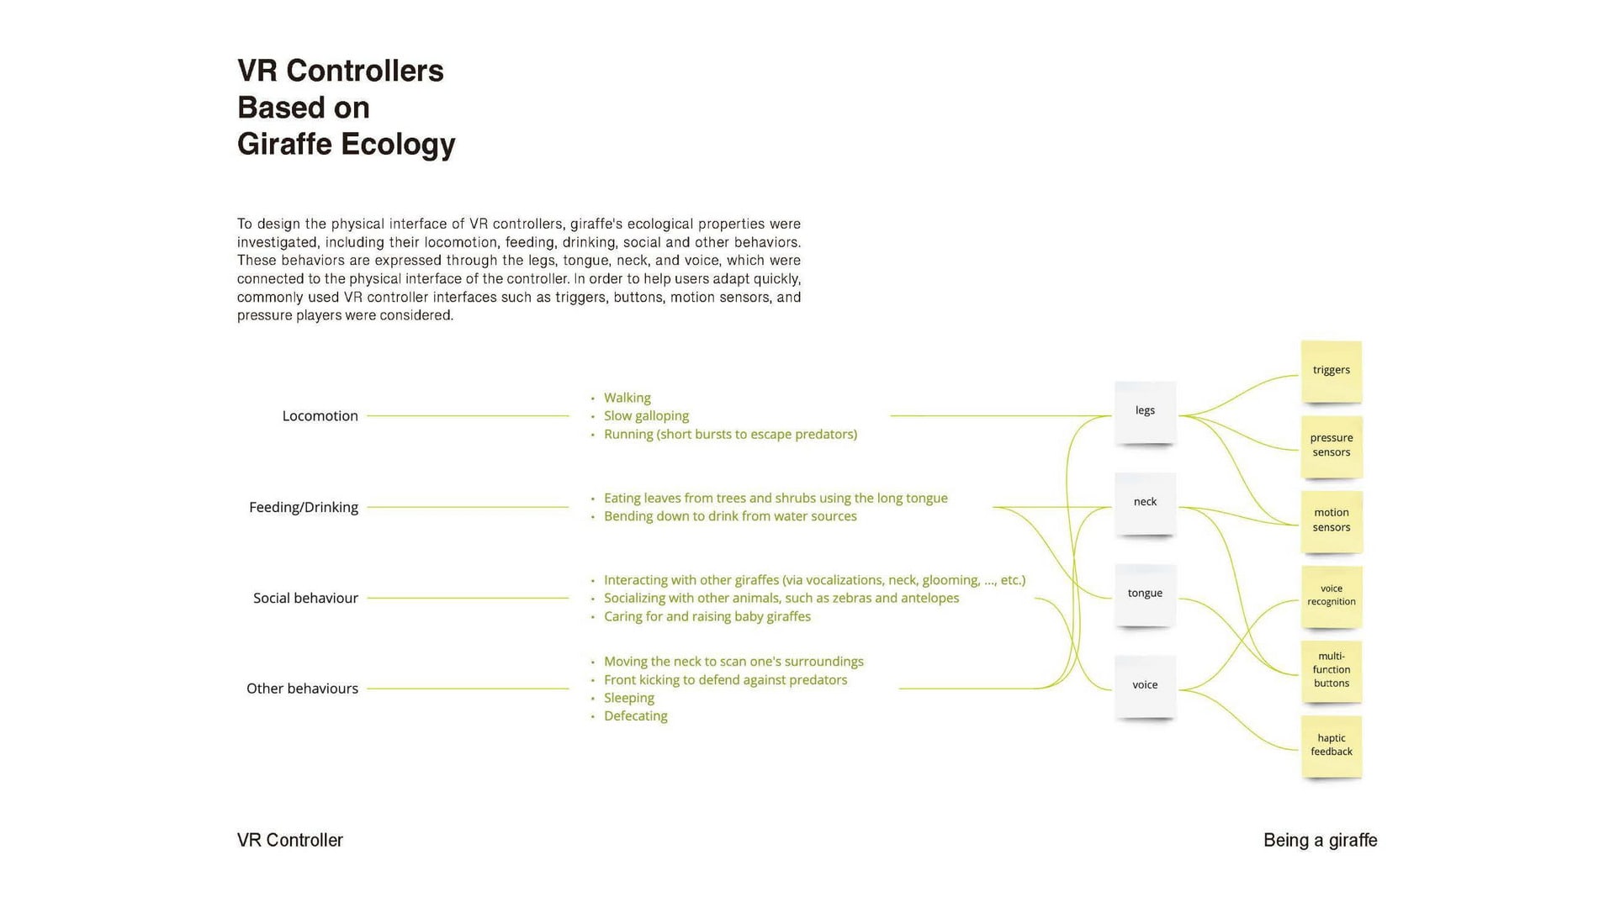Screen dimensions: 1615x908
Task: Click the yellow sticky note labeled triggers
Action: [1331, 371]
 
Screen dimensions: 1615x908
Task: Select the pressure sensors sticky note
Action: [1331, 446]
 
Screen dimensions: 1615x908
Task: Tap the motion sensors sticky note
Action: [1331, 520]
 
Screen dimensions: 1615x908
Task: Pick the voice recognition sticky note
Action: [1331, 595]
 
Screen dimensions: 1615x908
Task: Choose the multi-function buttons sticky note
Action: [1331, 670]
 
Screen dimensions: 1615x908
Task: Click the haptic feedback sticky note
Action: [1331, 745]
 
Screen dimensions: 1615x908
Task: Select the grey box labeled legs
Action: [1145, 411]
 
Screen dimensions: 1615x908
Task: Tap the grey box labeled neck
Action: [1145, 503]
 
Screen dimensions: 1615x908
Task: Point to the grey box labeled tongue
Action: [1145, 594]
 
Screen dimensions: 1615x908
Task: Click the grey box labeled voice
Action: [1145, 685]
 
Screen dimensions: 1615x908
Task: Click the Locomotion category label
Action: [320, 416]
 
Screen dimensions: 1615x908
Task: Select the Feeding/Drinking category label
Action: [303, 508]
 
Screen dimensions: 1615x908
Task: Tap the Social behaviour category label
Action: [305, 599]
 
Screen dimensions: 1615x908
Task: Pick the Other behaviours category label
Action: [302, 689]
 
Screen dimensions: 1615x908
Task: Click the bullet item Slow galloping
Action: [646, 416]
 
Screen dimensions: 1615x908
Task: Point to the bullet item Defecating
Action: [635, 716]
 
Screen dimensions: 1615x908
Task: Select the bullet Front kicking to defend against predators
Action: [725, 680]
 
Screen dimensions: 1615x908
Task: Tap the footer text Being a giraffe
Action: [1320, 841]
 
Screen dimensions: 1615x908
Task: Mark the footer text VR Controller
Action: [290, 841]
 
